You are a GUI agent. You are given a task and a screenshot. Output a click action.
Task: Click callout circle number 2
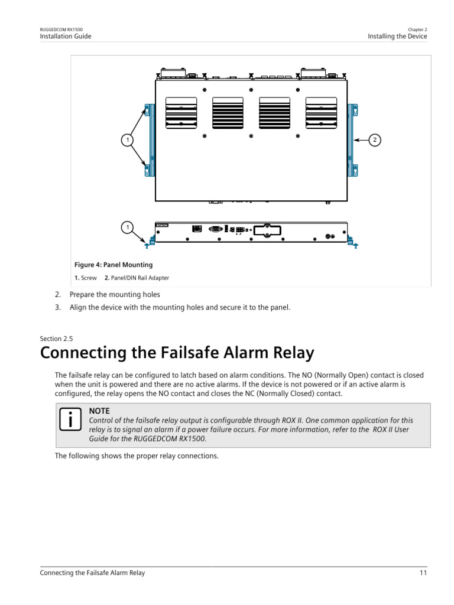click(x=374, y=140)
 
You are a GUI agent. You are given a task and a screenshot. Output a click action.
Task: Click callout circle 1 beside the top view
click(x=126, y=140)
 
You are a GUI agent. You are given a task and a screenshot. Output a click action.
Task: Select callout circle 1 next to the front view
click(x=126, y=226)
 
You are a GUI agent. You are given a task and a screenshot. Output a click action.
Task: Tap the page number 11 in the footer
click(x=423, y=573)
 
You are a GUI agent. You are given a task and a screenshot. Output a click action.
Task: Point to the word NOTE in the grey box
click(x=99, y=411)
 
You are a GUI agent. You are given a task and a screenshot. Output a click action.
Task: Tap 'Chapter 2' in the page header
click(x=417, y=29)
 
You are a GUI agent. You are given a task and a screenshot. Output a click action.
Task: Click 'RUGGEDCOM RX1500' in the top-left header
click(x=61, y=29)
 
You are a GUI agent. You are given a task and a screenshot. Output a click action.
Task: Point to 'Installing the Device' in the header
click(x=397, y=36)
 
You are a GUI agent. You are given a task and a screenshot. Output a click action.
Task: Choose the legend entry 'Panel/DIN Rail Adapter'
click(x=138, y=278)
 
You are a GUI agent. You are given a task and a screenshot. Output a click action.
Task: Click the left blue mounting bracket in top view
click(x=148, y=140)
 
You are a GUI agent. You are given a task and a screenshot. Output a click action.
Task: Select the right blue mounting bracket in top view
click(x=353, y=140)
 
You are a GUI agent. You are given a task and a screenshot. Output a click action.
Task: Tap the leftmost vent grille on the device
click(x=181, y=112)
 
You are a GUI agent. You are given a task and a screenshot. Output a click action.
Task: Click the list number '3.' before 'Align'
click(x=58, y=307)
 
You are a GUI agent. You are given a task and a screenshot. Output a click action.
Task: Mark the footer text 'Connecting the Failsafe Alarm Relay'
click(x=92, y=573)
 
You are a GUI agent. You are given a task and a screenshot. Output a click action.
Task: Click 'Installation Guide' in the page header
click(x=66, y=36)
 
